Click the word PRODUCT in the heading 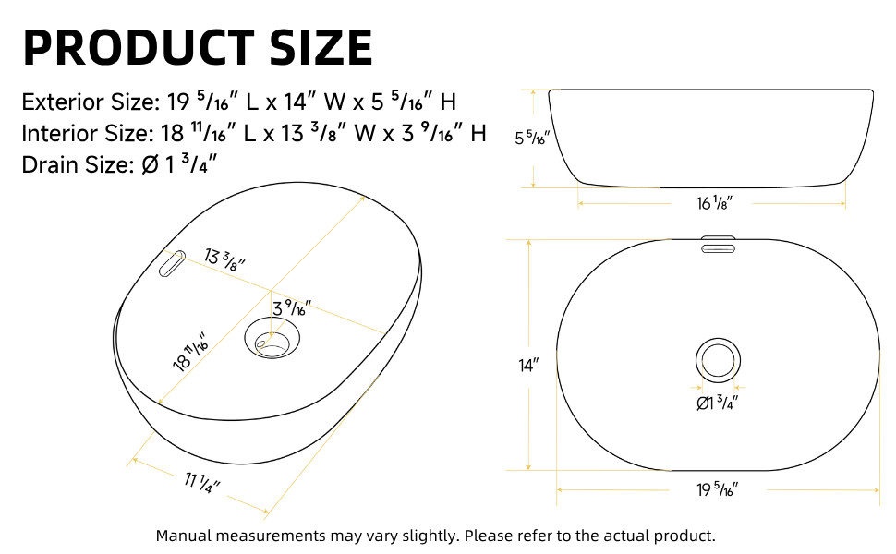click(x=139, y=47)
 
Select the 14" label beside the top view click(x=527, y=366)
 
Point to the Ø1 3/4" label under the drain click(x=717, y=403)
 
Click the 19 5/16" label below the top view click(x=717, y=490)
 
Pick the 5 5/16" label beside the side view click(x=532, y=138)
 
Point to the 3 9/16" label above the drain click(x=291, y=307)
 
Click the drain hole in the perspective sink click(x=274, y=340)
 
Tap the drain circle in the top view click(x=717, y=359)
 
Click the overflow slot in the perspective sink click(x=172, y=262)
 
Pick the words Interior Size click(x=84, y=134)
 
